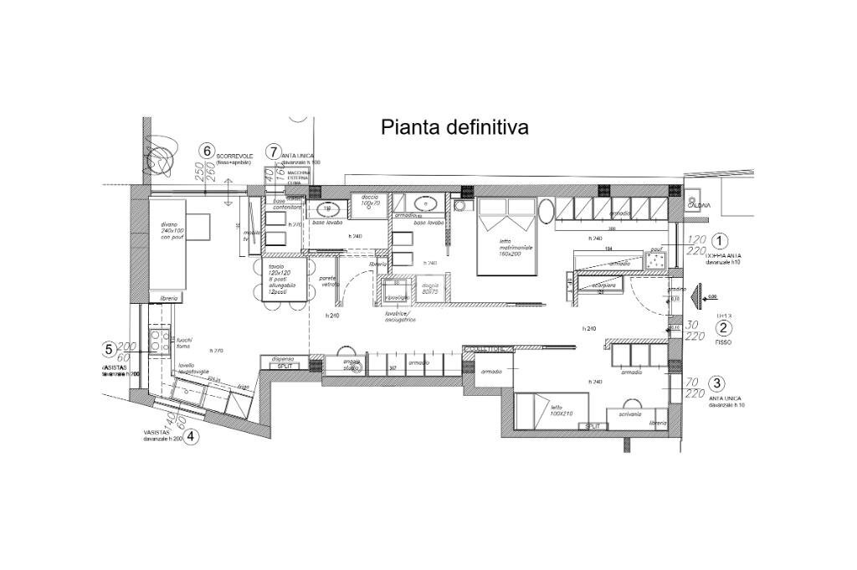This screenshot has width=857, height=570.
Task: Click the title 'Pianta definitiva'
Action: pyautogui.click(x=454, y=127)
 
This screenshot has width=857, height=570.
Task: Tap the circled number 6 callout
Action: pyautogui.click(x=207, y=151)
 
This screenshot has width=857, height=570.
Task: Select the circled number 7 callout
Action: pyautogui.click(x=273, y=151)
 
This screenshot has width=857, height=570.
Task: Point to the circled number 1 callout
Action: pyautogui.click(x=719, y=239)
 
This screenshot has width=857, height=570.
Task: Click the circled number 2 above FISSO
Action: pyautogui.click(x=724, y=329)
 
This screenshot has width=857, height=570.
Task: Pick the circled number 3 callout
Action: pyautogui.click(x=716, y=383)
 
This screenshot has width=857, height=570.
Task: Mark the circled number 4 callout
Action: pyautogui.click(x=192, y=435)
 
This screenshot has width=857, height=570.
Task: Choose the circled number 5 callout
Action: pyautogui.click(x=109, y=349)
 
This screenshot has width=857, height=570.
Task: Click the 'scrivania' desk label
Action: pyautogui.click(x=631, y=413)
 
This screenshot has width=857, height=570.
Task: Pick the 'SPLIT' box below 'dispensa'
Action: pyautogui.click(x=285, y=366)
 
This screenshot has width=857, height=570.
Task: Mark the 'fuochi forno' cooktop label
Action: pyautogui.click(x=183, y=342)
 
